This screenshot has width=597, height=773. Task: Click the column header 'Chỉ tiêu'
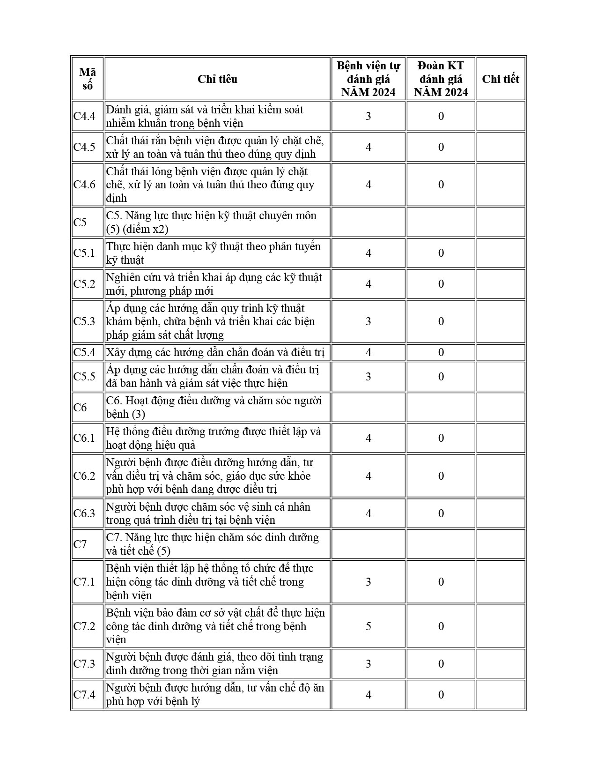(217, 79)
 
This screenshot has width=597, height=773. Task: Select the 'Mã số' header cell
(87, 79)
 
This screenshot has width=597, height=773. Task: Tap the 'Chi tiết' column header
(500, 79)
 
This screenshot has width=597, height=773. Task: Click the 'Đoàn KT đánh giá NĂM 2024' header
(441, 79)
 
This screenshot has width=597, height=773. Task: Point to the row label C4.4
(84, 116)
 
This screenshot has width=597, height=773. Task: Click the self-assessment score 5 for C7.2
(369, 626)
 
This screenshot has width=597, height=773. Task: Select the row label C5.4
(84, 352)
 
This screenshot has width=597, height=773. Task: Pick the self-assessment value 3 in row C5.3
(369, 321)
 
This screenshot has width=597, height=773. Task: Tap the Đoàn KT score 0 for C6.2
(441, 476)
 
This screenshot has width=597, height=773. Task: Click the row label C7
(81, 544)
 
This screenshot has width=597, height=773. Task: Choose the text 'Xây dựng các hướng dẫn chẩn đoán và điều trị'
(215, 352)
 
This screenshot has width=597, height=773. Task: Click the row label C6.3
(84, 513)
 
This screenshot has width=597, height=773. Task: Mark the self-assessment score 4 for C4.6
(369, 185)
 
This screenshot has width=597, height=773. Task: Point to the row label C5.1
(84, 253)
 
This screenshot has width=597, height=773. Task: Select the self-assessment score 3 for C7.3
(369, 664)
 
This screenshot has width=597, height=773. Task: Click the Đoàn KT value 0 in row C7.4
(441, 695)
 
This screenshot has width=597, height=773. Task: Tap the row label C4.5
(84, 147)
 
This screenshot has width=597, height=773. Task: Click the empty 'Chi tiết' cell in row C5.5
(500, 377)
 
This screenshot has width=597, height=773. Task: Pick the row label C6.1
(84, 438)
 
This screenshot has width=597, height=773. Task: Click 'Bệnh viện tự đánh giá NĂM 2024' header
(369, 79)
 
